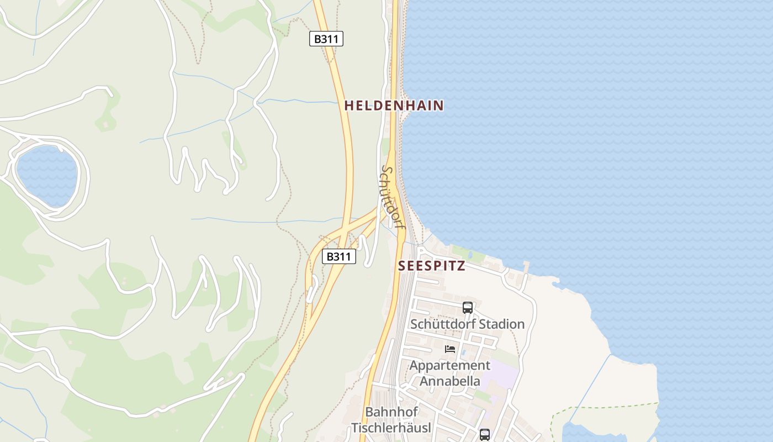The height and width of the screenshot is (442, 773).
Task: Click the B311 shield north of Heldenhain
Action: pos(326,39)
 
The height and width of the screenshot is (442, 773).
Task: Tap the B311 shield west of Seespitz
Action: pos(338,256)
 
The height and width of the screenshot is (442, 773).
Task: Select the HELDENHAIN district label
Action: pos(394,106)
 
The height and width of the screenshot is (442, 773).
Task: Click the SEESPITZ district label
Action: pos(431,266)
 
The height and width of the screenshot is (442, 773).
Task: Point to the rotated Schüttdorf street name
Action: pos(391,197)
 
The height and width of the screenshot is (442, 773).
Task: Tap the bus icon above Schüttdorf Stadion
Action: pos(468,307)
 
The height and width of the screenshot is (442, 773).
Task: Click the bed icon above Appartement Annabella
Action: pos(450,349)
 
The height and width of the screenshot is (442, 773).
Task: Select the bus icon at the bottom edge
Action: pos(484,434)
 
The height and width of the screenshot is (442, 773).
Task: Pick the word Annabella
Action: pos(450,381)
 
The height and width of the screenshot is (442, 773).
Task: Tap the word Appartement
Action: pos(449,365)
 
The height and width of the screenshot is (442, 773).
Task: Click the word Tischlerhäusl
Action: pos(391,428)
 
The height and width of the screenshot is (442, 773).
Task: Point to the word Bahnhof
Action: pos(391,412)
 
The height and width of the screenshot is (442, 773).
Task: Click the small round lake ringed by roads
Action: pos(46,175)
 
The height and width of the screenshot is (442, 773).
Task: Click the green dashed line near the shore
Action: pos(607,407)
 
